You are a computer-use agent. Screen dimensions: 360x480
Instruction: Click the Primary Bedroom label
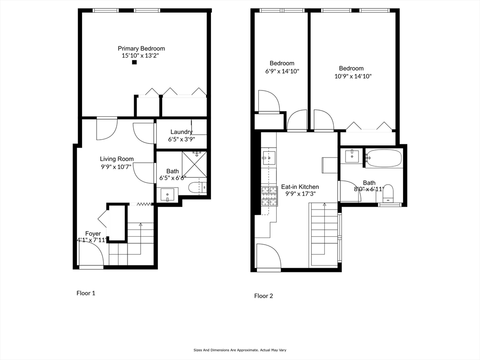[141, 48]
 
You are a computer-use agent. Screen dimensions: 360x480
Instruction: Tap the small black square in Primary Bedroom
[134, 62]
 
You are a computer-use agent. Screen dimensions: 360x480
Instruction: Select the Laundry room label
[181, 132]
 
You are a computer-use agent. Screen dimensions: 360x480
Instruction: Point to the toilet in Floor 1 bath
[196, 188]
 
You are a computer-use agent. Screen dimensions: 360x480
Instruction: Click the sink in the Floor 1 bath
[167, 194]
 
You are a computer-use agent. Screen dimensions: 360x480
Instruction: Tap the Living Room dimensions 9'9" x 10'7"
[117, 166]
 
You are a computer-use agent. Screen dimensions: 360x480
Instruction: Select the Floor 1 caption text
[86, 293]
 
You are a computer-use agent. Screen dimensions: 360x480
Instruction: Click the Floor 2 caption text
[263, 296]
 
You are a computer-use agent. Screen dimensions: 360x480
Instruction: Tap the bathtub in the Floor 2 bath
[384, 158]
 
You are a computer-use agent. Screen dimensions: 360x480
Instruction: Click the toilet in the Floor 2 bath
[389, 193]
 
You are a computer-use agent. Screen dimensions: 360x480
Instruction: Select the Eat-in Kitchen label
[300, 187]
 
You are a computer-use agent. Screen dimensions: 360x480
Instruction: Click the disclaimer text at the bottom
[240, 350]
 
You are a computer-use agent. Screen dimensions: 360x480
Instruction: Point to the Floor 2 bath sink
[352, 157]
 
